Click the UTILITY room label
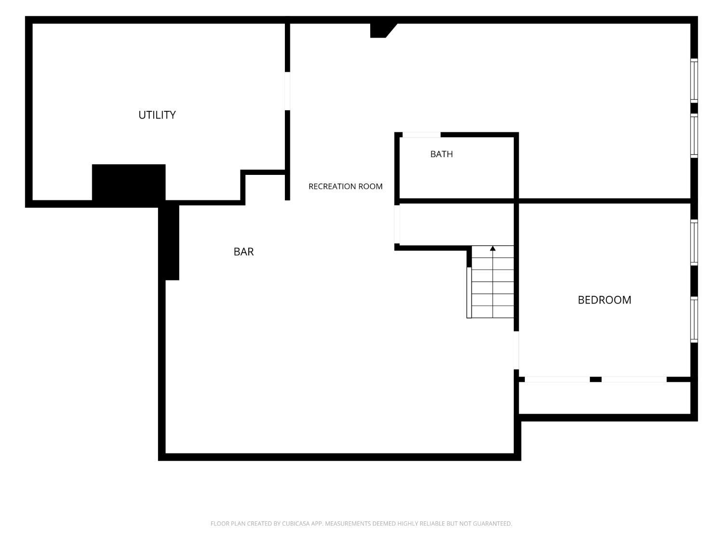point(157,115)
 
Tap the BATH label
point(442,154)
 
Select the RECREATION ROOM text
point(345,186)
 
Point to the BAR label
point(243,252)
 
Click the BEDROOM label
point(604,300)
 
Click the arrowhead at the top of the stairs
point(493,249)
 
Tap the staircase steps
point(493,282)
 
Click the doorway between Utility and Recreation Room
point(287,91)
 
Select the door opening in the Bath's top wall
point(421,134)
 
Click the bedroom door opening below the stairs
point(516,350)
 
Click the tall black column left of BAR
point(169,242)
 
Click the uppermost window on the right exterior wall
point(694,80)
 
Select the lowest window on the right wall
point(694,319)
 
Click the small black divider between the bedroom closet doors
point(596,380)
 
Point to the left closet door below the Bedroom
point(557,380)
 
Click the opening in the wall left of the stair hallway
point(397,224)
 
